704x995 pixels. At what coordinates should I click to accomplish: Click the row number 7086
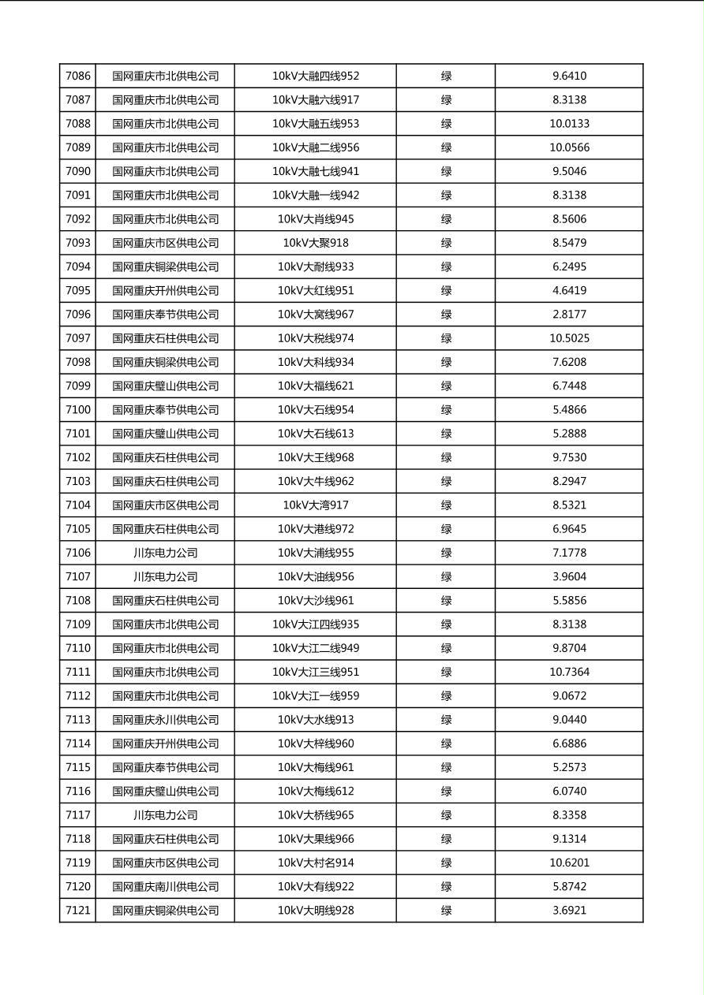pos(78,76)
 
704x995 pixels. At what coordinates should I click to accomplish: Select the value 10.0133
pos(569,124)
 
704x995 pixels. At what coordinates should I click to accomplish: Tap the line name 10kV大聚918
pos(316,243)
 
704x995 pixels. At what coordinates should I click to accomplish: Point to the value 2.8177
pos(569,315)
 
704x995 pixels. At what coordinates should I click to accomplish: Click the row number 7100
pos(78,410)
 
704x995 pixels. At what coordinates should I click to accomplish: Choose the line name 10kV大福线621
pos(316,386)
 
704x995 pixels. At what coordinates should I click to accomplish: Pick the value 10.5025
pos(569,338)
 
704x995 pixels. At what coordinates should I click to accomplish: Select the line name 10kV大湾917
pos(316,505)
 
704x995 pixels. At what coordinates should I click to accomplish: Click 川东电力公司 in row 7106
pos(165,553)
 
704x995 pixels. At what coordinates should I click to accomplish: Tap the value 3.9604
pos(569,577)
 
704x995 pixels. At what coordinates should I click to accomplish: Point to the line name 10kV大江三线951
pos(316,673)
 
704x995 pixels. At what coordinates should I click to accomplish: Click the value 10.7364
pos(569,673)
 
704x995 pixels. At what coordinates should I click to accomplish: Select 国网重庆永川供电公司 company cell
pos(165,720)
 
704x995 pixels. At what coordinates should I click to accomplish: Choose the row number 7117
pos(78,815)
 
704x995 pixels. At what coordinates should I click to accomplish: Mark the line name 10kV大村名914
pos(316,863)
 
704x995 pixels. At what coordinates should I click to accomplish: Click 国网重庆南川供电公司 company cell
pos(165,887)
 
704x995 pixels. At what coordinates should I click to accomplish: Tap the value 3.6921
pos(569,911)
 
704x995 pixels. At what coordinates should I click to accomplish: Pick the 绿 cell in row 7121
pos(446,911)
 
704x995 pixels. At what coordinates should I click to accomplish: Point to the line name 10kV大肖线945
pos(316,219)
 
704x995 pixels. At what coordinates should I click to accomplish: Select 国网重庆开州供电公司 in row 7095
pos(165,291)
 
